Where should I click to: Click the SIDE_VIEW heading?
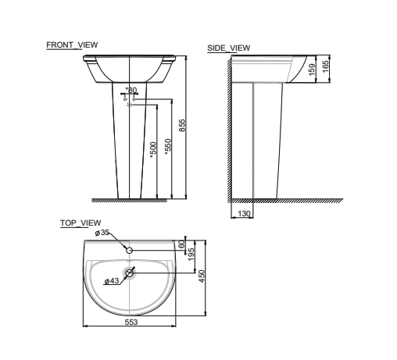(x=228, y=48)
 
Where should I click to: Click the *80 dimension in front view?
(x=131, y=91)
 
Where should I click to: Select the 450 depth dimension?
(x=201, y=276)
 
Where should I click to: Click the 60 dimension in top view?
(x=182, y=244)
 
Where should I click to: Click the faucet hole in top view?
(x=130, y=250)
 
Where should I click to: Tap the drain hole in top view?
(x=130, y=274)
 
